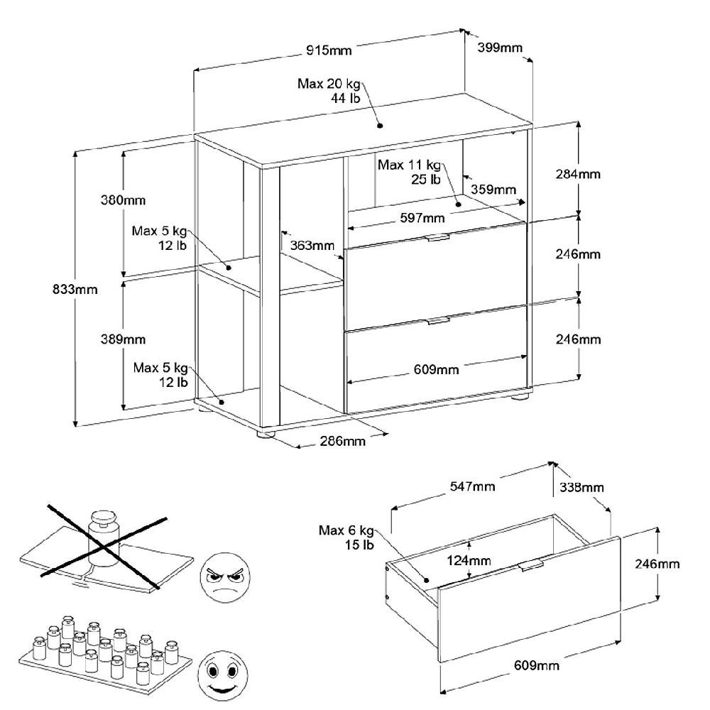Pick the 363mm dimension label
coord(312,246)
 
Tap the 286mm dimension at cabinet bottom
coord(343,442)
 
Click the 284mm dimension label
coord(578,174)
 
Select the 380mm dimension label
coord(122,200)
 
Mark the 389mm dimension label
coord(122,339)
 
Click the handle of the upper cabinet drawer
coord(437,238)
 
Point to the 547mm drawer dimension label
coord(473,486)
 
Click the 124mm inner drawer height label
coord(468,560)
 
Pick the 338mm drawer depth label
coord(581,487)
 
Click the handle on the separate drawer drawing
coord(530,565)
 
